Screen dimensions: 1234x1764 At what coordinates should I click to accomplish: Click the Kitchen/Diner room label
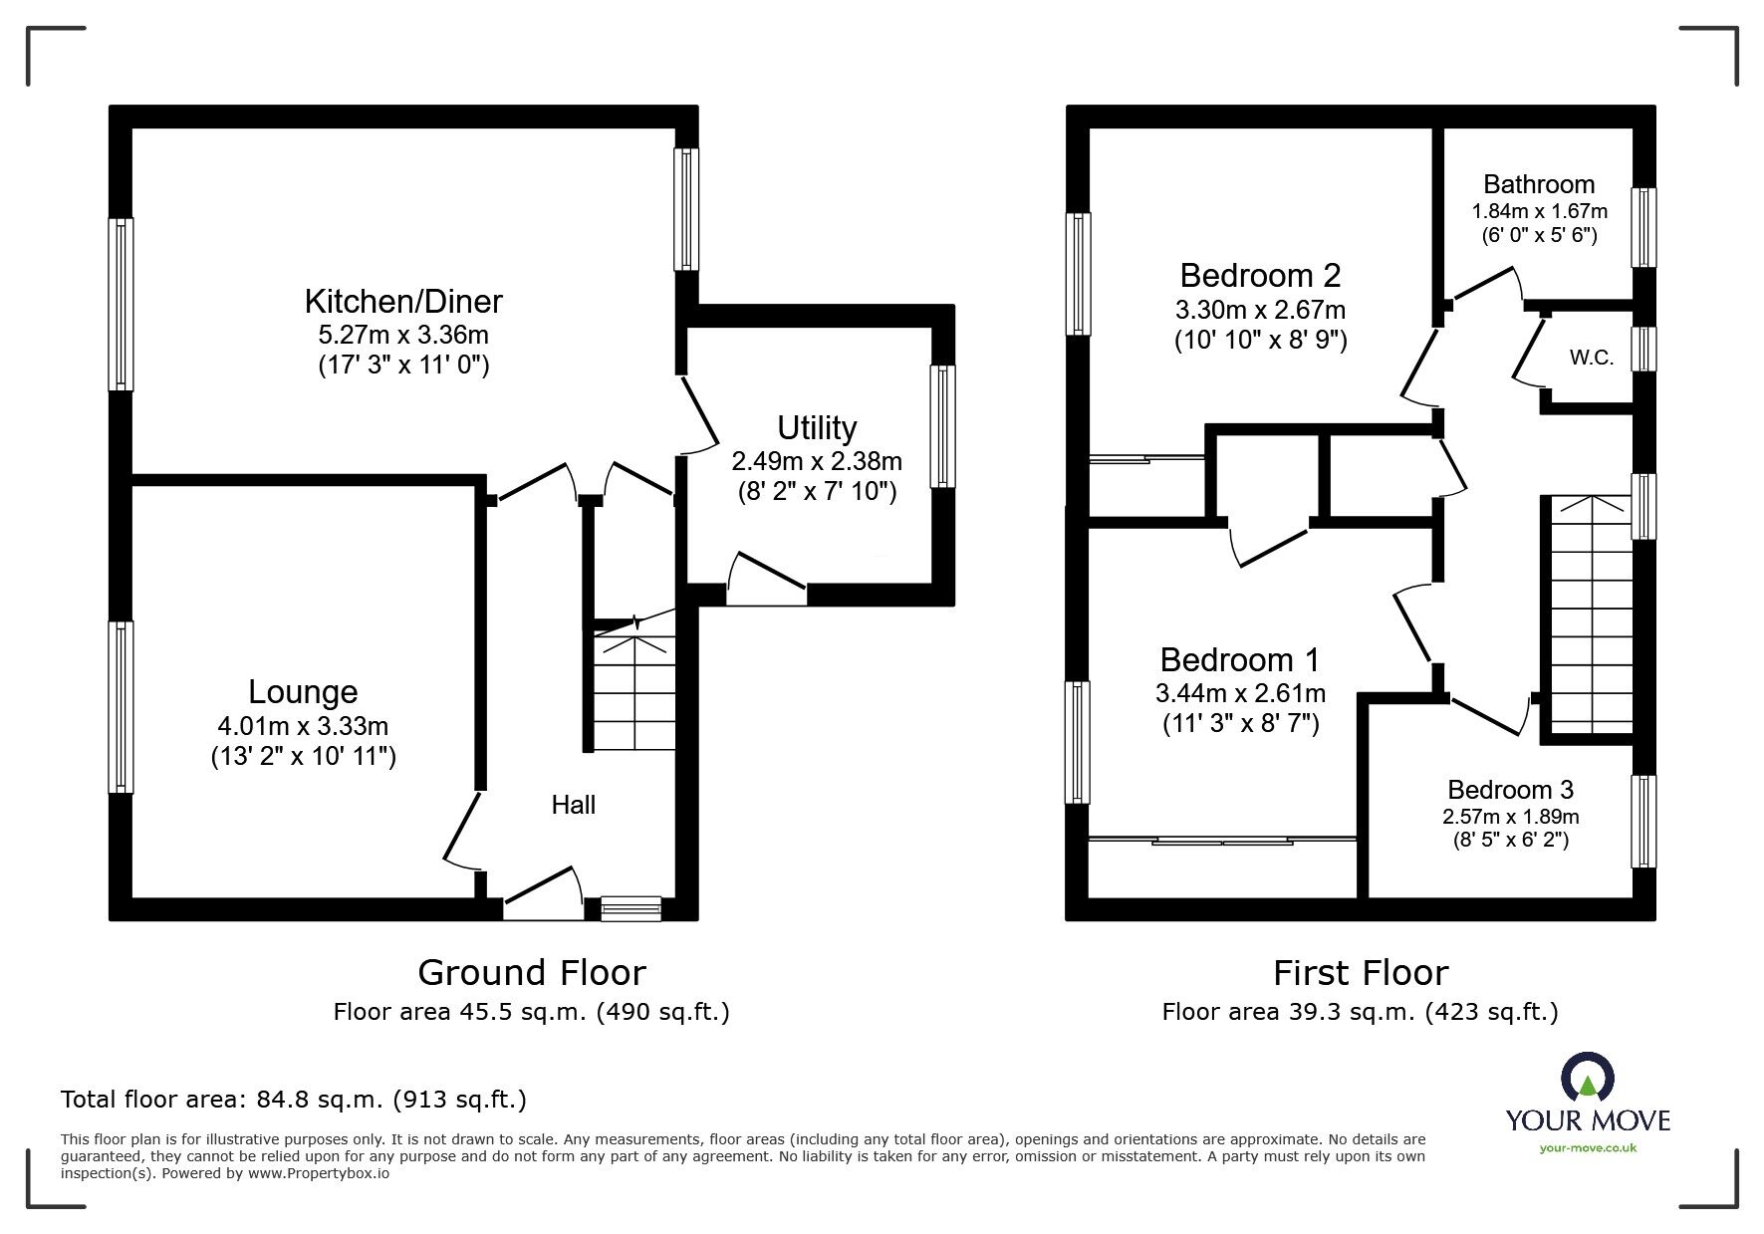click(403, 301)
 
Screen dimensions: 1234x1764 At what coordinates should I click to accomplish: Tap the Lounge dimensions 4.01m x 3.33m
click(304, 726)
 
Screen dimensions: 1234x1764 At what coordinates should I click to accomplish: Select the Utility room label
click(817, 427)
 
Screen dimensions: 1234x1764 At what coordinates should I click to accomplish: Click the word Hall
click(574, 805)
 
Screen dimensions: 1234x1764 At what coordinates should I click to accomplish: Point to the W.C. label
click(1591, 359)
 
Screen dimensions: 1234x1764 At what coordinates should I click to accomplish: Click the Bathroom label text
click(1539, 184)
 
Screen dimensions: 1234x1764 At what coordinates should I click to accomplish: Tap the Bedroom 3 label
click(1510, 790)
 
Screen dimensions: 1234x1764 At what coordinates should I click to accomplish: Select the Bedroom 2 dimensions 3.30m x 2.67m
click(1260, 310)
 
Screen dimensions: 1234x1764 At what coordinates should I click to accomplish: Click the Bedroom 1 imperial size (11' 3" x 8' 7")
click(1240, 724)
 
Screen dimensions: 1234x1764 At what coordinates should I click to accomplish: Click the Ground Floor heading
click(531, 972)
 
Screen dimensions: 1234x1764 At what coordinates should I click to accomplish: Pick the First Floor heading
click(1361, 972)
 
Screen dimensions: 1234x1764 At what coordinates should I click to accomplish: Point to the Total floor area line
click(294, 1100)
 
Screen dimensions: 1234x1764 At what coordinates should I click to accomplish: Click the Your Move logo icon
click(1588, 1080)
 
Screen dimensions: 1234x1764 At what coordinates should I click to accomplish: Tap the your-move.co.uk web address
click(1588, 1148)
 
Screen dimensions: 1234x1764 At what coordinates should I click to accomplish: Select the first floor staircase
click(1588, 617)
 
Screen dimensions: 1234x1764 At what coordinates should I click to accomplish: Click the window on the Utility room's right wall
click(942, 426)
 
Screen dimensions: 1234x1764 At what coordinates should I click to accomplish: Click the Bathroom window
click(1643, 227)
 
